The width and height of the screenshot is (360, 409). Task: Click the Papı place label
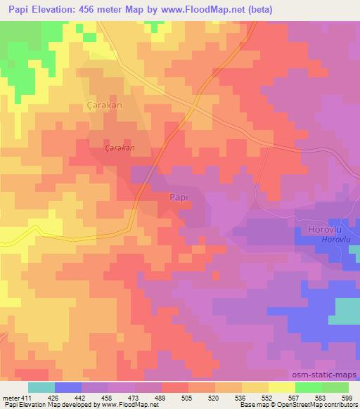[179, 199]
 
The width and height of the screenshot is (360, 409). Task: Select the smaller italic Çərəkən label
[119, 149]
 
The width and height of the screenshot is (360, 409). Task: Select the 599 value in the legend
[347, 398]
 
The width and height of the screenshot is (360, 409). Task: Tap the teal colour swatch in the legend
[41, 387]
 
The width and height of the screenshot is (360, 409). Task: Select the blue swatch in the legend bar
[68, 387]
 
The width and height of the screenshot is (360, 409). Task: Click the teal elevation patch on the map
[344, 310]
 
